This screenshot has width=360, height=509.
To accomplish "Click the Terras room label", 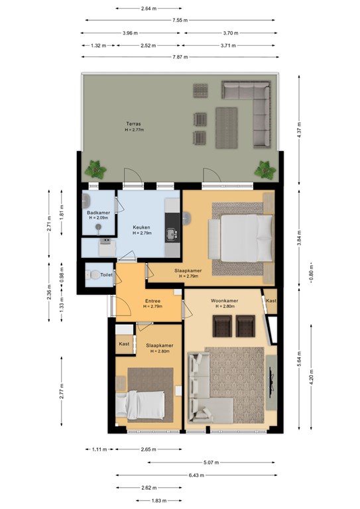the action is pos(133,124).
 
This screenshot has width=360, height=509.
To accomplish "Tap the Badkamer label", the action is pos(98,213).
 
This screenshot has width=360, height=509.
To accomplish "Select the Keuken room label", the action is pos(141,227).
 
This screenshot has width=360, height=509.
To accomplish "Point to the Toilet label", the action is pos(107,274).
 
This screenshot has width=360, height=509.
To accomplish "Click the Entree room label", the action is pos(152,301).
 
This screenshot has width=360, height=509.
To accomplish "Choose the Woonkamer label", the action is pos(224,301).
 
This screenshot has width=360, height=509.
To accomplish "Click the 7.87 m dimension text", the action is pos(180,57).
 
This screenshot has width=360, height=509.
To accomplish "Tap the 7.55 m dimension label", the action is pos(180,20).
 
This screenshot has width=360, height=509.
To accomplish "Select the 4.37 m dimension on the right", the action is pos(299,129).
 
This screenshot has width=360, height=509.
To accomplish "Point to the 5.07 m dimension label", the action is pos(211,462).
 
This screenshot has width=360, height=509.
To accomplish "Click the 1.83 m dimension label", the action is pos(159,500).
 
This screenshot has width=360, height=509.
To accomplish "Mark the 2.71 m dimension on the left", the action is pos(49,223).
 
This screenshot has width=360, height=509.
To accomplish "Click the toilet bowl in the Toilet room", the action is pos(93,275).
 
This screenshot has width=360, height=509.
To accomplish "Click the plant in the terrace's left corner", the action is pos(95,169).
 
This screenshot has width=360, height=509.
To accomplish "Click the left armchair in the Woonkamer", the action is pos(222,325).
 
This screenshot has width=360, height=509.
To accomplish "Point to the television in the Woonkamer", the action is pos(271,382).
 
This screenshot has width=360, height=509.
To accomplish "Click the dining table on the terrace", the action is pos(227,128).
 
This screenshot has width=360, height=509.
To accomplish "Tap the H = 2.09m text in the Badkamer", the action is pos(98,218).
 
